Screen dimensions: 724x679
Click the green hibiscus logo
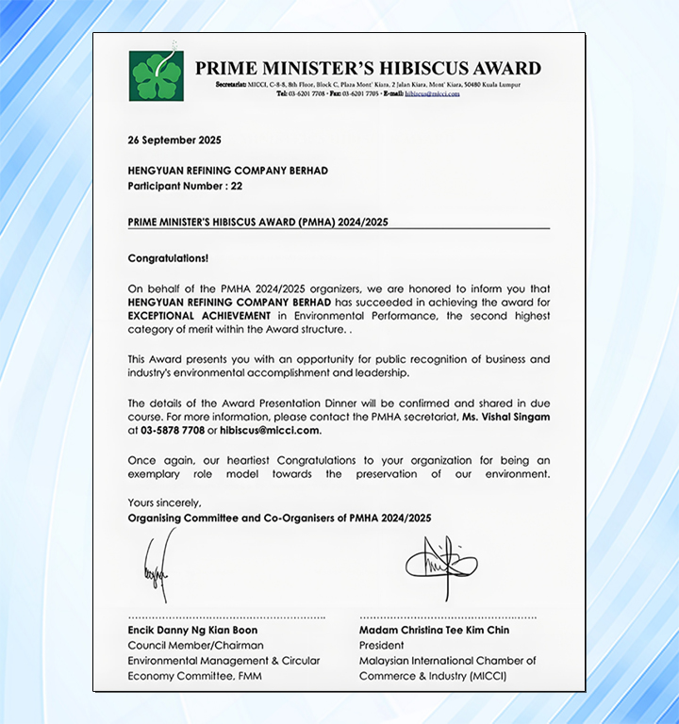[157, 75]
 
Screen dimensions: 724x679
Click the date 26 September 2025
[174, 140]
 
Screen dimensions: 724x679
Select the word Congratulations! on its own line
[168, 257]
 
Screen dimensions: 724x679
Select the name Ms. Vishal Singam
[505, 417]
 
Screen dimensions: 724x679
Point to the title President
[381, 645]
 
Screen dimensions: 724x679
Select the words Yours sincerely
[164, 502]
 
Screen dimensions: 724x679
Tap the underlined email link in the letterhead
[432, 94]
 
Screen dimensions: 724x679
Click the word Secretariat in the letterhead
[232, 85]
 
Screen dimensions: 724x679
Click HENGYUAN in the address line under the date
[157, 171]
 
